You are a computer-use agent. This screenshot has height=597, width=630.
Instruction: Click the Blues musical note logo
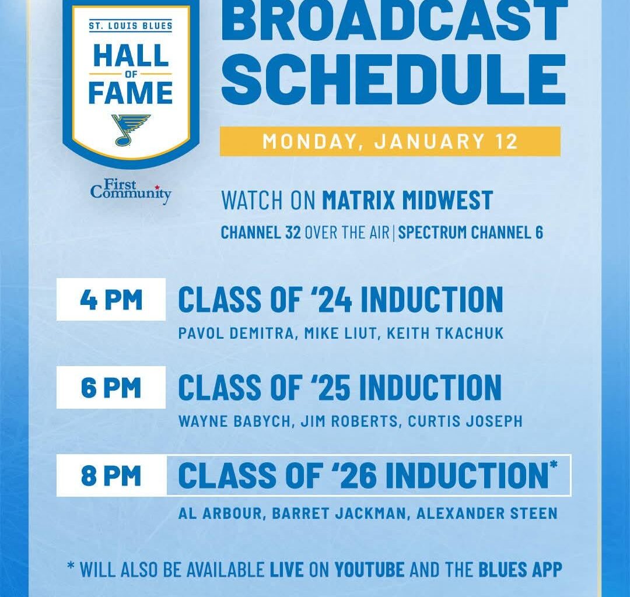click(130, 129)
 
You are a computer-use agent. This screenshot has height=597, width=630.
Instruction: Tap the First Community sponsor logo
click(131, 192)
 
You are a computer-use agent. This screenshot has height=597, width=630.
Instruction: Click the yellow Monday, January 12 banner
click(390, 142)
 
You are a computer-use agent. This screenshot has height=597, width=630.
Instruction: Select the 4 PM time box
click(111, 300)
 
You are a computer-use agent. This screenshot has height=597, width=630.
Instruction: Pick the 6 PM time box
click(111, 388)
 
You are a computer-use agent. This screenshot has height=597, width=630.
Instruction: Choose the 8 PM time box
click(111, 476)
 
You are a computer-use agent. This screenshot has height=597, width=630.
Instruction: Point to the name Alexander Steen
click(487, 514)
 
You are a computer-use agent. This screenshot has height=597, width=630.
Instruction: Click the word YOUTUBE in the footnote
click(369, 569)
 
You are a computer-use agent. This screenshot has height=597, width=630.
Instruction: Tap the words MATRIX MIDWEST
click(407, 201)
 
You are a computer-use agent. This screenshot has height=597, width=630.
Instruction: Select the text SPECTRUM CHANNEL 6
click(470, 233)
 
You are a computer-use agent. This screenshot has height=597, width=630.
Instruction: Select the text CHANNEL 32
click(261, 233)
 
